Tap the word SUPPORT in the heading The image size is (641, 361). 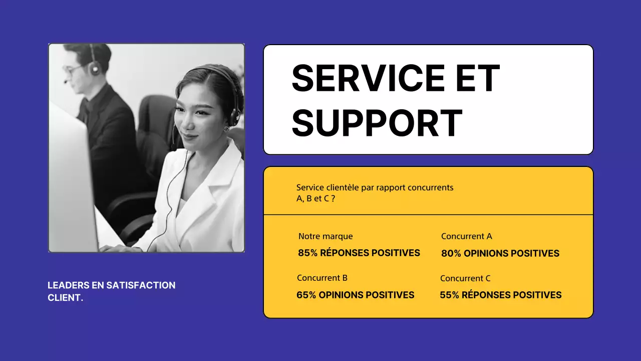click(x=377, y=123)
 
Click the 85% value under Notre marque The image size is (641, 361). click(x=307, y=253)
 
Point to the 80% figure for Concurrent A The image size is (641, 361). click(x=451, y=254)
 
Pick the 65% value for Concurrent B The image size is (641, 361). click(x=306, y=295)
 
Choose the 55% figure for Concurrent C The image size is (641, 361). click(x=449, y=295)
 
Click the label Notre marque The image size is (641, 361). click(x=326, y=236)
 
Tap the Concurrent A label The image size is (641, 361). click(x=466, y=236)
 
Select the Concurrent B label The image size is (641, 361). click(x=322, y=278)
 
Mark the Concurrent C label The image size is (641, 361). click(x=465, y=278)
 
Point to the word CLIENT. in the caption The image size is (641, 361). click(x=65, y=298)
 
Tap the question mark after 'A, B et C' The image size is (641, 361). click(x=333, y=198)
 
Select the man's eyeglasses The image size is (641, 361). click(x=74, y=70)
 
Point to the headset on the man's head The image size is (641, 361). click(x=94, y=63)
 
